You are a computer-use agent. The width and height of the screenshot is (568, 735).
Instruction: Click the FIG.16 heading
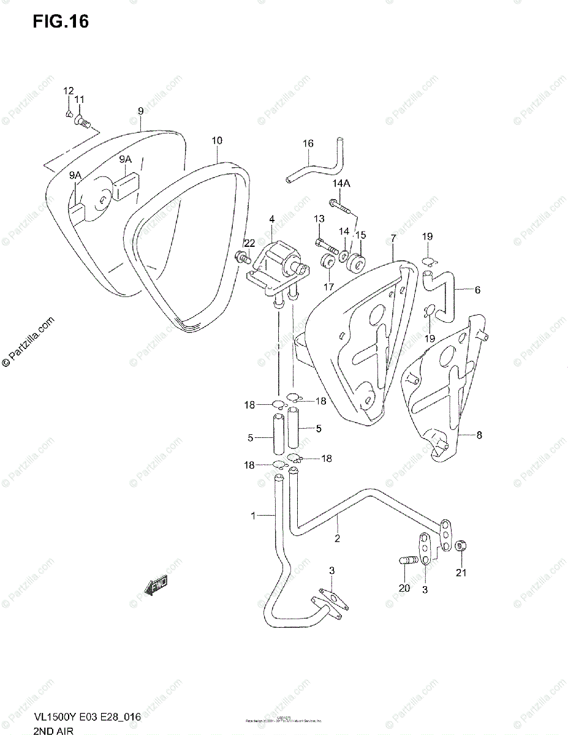61,21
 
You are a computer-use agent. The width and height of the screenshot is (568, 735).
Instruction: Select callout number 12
67,91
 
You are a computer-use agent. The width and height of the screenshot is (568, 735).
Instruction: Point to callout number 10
217,141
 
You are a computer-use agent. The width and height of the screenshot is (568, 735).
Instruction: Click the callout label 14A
341,184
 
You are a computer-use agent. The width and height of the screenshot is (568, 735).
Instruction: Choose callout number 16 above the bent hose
308,143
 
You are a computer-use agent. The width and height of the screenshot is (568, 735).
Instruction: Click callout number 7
393,237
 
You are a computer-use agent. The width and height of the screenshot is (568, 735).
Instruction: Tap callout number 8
479,435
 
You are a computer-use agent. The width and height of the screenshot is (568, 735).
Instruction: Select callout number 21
461,573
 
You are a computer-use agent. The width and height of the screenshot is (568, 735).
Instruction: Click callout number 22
249,244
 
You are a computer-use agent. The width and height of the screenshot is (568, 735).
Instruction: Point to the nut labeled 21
463,545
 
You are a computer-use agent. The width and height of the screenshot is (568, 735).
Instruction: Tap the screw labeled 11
83,123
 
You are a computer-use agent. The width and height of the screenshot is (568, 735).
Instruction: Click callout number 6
477,290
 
